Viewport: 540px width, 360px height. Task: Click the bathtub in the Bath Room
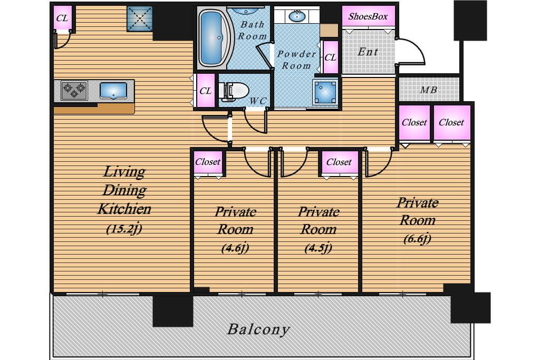pos(213,38)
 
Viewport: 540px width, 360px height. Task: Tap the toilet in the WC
pos(235,92)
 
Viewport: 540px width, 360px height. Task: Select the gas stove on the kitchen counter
pos(74,91)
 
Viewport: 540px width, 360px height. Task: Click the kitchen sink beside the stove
pos(113,91)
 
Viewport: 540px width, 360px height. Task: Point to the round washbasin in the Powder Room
pos(296,16)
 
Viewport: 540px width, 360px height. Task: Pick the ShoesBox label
pos(368,16)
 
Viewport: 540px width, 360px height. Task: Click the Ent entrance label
pos(368,52)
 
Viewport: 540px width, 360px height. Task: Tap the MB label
pos(428,90)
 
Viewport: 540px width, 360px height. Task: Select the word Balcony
pos(258,329)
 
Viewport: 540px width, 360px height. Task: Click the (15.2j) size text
pos(124,229)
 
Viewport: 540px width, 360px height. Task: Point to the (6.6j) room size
pos(418,239)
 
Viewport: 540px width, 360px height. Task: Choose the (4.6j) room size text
pos(235,248)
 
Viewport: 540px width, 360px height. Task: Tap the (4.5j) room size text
pos(318,248)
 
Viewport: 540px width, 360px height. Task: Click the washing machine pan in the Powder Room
pos(325,92)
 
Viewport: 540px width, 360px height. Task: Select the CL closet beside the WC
pos(205,91)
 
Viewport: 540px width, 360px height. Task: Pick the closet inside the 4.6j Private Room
pos(208,162)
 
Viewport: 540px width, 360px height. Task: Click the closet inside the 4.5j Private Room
pos(340,163)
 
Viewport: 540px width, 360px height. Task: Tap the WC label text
pos(257,101)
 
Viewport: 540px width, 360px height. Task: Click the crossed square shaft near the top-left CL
pos(139,18)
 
